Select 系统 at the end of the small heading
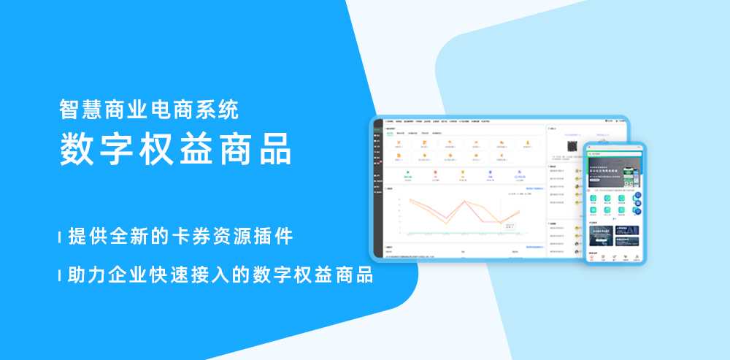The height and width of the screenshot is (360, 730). coord(220,110)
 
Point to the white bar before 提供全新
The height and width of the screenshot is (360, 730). coord(59,237)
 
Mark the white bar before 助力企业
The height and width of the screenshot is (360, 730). coord(59,276)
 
